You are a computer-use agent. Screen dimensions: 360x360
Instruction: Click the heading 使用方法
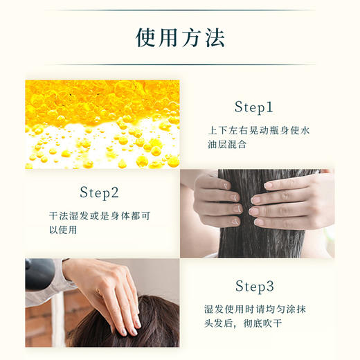click(181, 37)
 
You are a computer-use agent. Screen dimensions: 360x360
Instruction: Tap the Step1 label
click(254, 107)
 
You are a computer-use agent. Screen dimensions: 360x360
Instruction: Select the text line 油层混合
click(228, 146)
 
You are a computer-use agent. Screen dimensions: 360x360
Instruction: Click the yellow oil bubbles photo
click(102, 125)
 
